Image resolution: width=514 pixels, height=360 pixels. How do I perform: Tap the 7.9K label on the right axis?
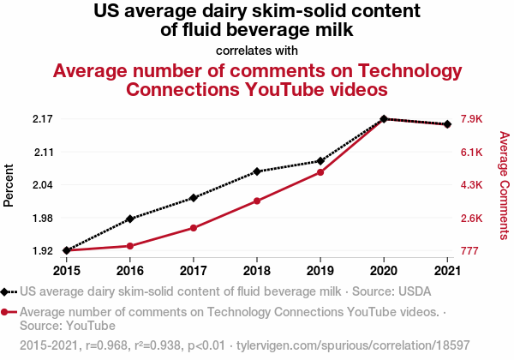[x=472, y=119]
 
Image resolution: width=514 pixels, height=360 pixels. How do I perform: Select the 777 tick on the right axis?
[x=469, y=251]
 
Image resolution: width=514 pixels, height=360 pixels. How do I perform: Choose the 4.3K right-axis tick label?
[x=472, y=185]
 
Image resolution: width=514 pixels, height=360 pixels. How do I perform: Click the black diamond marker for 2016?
[x=130, y=219]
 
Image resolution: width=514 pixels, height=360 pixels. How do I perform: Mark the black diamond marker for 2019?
[x=320, y=161]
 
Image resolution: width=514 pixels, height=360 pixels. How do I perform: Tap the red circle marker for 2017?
[x=194, y=228]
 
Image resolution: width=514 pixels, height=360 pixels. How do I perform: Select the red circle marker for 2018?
[x=257, y=201]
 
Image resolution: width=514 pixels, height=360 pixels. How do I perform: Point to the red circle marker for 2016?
[x=130, y=246]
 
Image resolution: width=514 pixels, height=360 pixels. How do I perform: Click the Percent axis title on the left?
[x=9, y=185]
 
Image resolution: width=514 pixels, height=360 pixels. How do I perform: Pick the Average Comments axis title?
[x=504, y=185]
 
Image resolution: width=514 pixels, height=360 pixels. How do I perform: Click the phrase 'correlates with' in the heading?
[x=257, y=51]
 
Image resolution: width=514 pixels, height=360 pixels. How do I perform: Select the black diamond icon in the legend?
[x=6, y=291]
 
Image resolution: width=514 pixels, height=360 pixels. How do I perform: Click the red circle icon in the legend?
[x=6, y=312]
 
